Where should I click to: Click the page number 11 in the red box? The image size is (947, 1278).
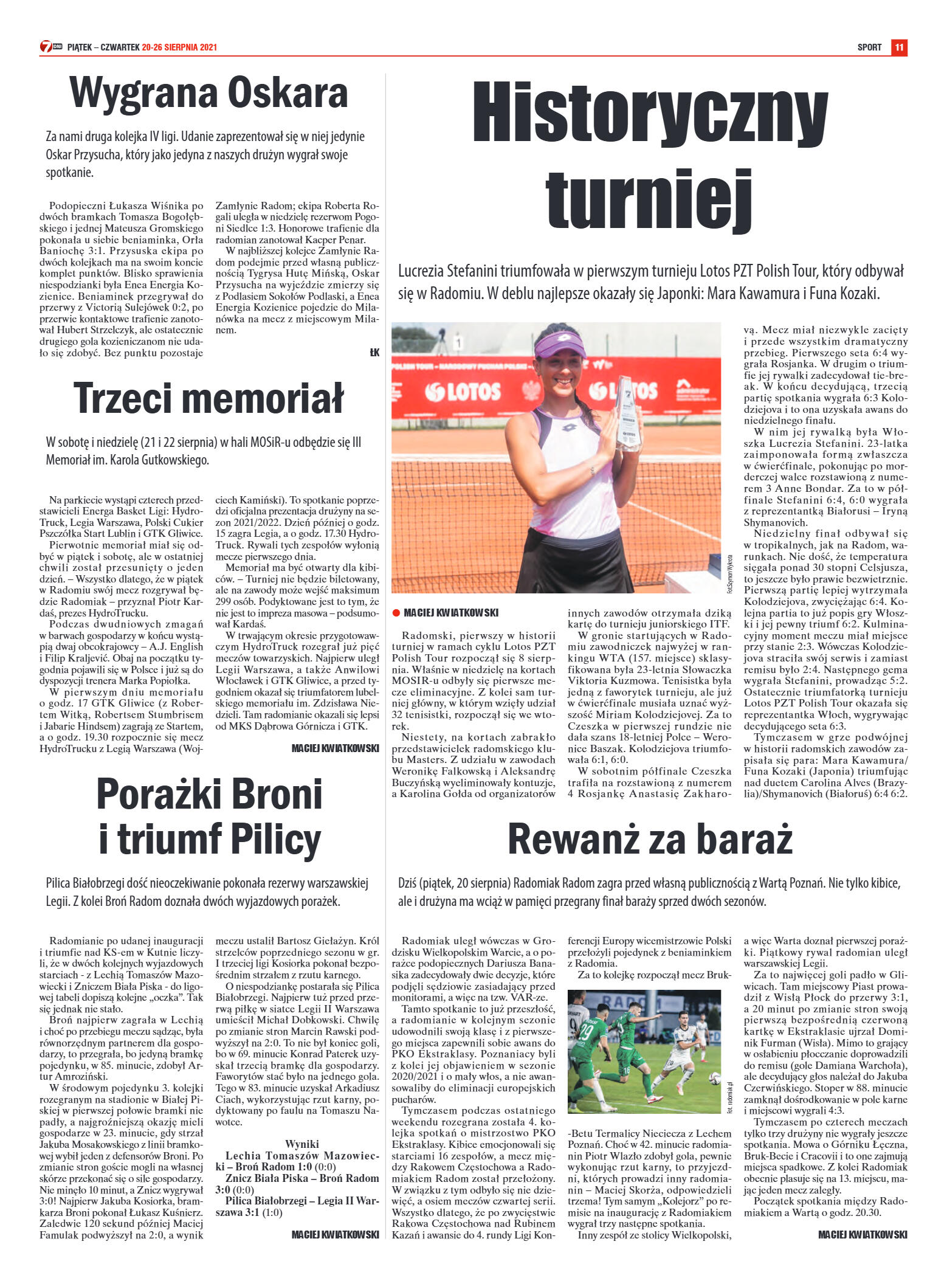pyautogui.click(x=899, y=47)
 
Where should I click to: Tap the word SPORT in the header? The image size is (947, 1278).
pyautogui.click(x=869, y=47)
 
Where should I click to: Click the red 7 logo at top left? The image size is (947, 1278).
pyautogui.click(x=46, y=47)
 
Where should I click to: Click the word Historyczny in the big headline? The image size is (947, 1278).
pyautogui.click(x=650, y=113)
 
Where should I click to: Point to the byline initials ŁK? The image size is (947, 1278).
pyautogui.click(x=374, y=353)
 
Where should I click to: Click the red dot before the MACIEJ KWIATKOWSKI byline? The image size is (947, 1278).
pyautogui.click(x=396, y=612)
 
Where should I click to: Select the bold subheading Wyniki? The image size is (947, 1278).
pyautogui.click(x=302, y=1144)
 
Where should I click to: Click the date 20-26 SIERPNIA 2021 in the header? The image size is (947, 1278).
pyautogui.click(x=179, y=47)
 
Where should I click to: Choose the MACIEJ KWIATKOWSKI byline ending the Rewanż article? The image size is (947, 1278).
pyautogui.click(x=863, y=1234)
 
